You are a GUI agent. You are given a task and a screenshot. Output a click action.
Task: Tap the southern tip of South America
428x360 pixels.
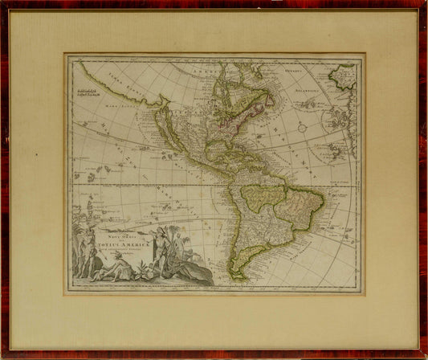tap(238, 277)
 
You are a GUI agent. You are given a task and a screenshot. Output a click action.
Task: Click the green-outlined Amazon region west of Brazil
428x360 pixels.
tap(261, 197)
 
